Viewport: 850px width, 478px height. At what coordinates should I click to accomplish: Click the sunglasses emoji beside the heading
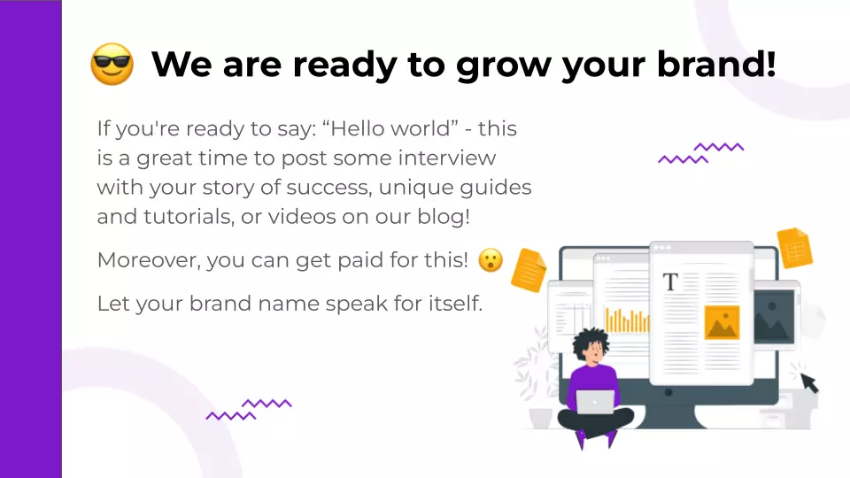(x=112, y=64)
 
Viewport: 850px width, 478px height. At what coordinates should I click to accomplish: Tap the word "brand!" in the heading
(x=716, y=64)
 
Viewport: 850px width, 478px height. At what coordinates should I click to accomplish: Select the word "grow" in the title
(x=504, y=66)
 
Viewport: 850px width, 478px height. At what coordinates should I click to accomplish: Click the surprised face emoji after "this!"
(x=491, y=260)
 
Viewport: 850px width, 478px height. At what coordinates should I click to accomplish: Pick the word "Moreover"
(x=149, y=260)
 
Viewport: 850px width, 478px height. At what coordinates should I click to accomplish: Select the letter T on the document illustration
(x=670, y=281)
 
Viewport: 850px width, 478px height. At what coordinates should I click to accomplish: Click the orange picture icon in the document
(x=722, y=322)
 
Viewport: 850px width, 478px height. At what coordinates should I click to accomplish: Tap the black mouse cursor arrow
(x=809, y=382)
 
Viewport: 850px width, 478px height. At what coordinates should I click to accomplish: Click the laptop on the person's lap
(x=595, y=402)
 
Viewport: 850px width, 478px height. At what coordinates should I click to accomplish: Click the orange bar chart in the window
(x=627, y=320)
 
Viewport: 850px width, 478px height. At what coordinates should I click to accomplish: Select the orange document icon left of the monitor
(x=529, y=270)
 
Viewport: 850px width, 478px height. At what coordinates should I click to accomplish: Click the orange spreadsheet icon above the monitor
(x=795, y=248)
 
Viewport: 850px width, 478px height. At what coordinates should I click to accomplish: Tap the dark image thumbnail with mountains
(x=774, y=317)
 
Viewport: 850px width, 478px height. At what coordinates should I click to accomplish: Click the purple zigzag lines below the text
(x=249, y=410)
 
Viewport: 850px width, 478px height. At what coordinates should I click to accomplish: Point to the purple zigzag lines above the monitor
(x=701, y=153)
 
